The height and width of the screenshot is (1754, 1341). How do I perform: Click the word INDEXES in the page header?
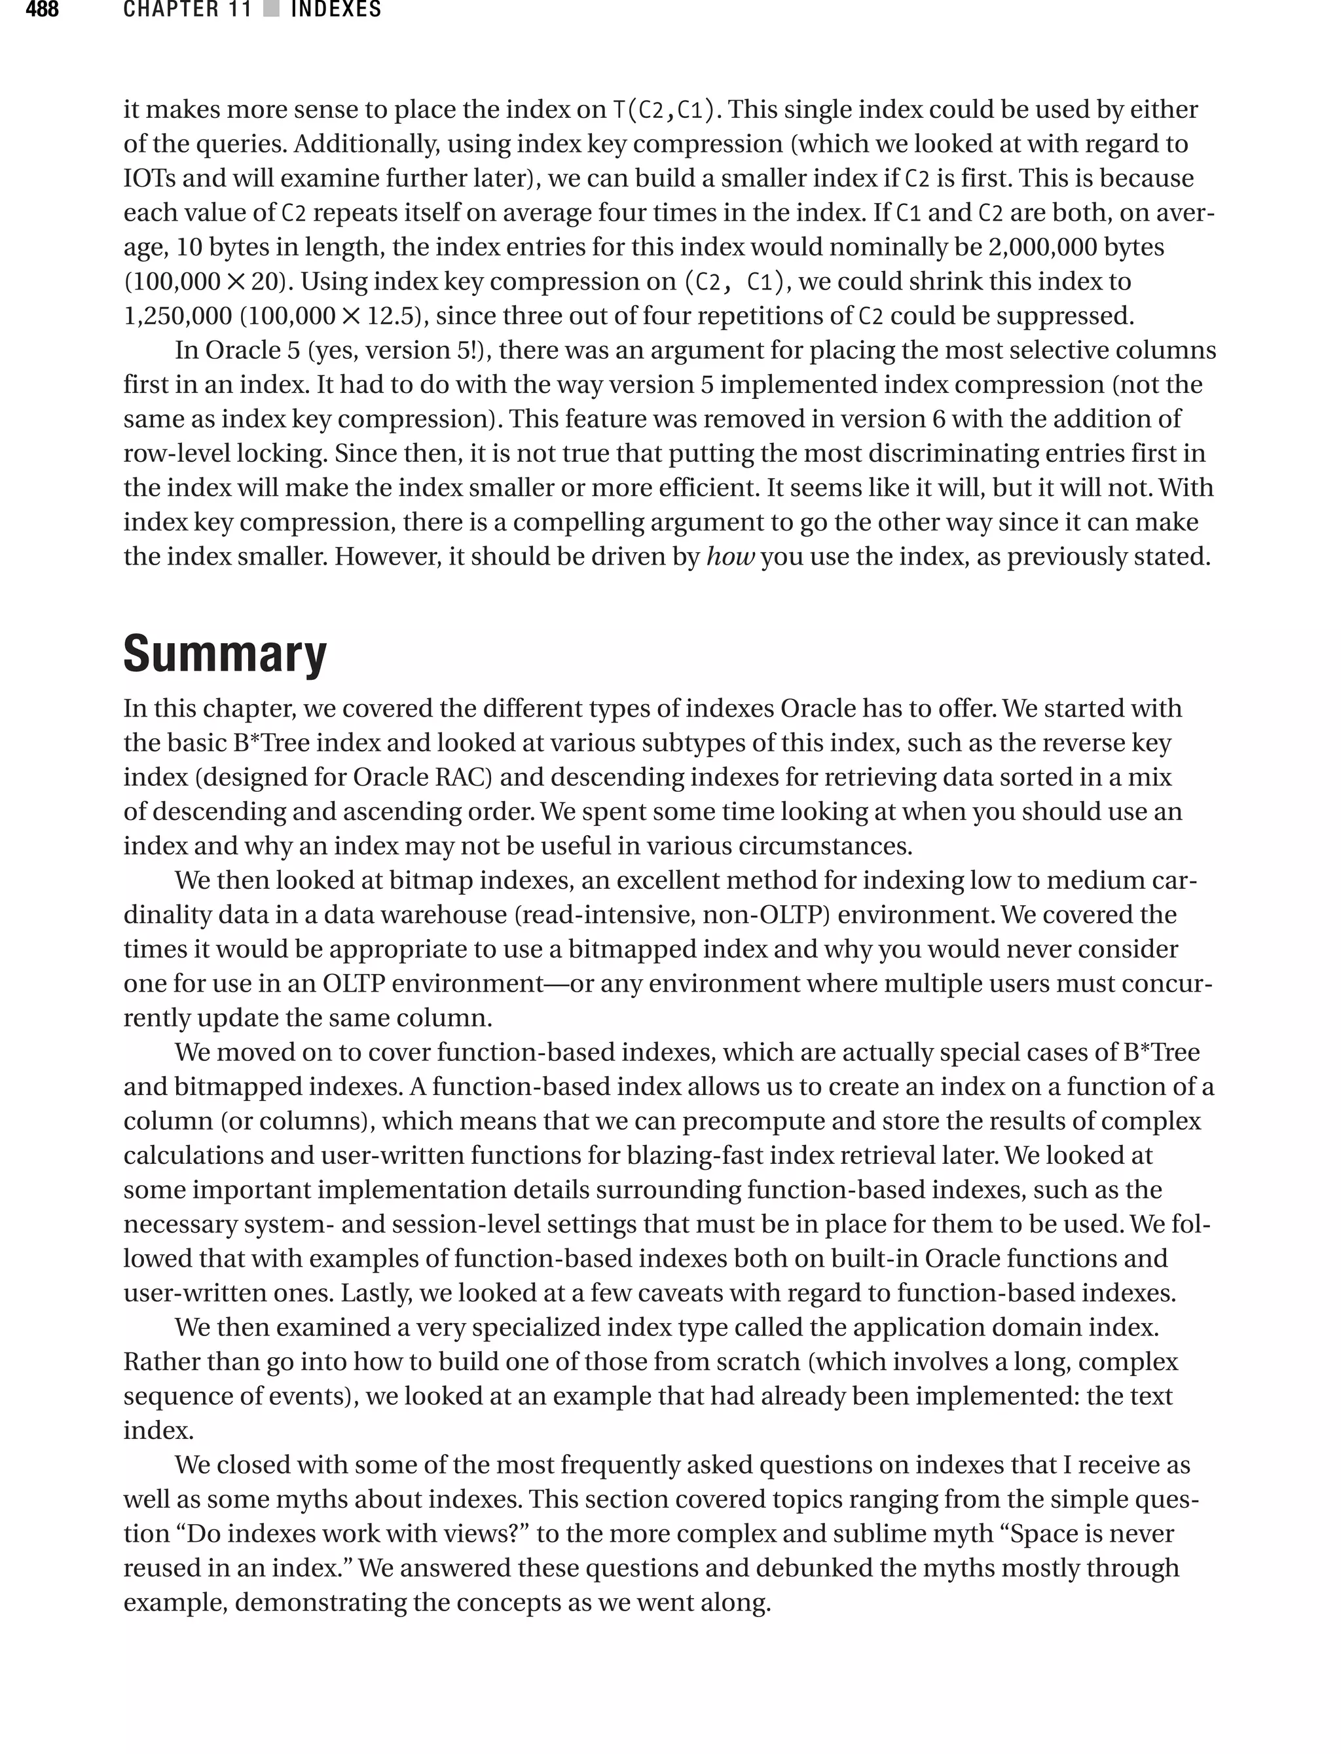coord(336,10)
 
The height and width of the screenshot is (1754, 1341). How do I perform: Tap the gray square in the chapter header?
coord(271,10)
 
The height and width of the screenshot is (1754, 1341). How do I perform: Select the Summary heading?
coord(225,654)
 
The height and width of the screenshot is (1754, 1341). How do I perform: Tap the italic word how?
coord(730,557)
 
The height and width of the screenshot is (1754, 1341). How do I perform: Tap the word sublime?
coord(877,1534)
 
